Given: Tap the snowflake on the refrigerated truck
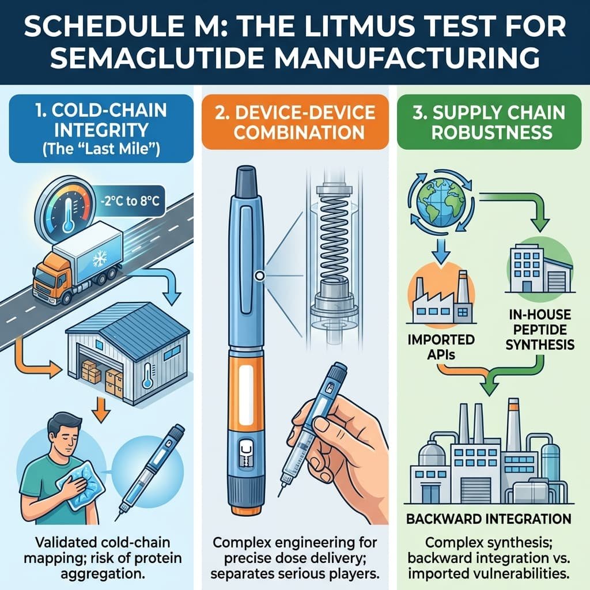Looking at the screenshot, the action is point(100,259).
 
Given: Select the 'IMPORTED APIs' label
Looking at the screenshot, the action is point(441,346).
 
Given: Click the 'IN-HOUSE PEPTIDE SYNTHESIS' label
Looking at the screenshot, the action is point(539,330).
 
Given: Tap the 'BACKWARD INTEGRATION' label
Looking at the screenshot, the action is point(489,519).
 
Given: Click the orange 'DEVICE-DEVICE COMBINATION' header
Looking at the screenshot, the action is point(295,122).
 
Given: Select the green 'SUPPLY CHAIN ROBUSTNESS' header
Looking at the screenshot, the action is point(489,122).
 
